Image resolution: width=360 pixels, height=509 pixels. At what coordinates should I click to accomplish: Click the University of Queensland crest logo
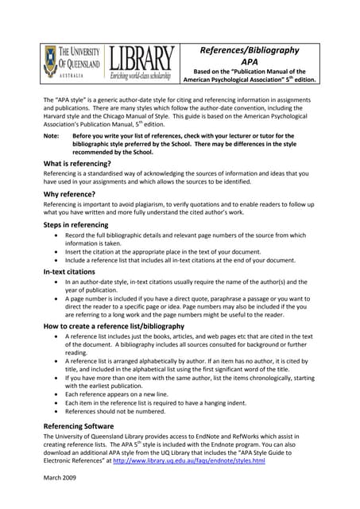pos(52,61)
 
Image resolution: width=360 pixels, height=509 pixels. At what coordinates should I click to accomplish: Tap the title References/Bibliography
pos(249,50)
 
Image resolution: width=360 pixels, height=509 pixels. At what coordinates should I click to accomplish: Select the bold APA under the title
pos(249,64)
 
